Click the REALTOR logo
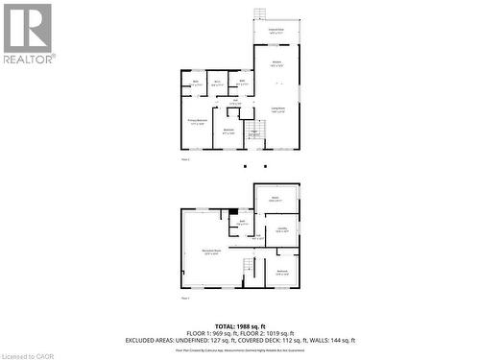[28, 33]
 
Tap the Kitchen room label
[276, 64]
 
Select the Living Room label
[276, 110]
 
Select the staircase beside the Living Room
[254, 130]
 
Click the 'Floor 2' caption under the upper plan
[185, 160]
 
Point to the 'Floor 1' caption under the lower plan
[185, 298]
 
